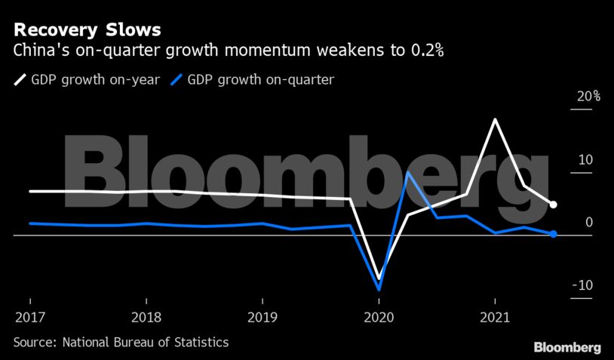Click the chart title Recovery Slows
pos(86,31)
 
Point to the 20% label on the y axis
pos(588,97)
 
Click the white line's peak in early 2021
pos(495,119)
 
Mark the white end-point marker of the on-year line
pos(553,205)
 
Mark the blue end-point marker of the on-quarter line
pos(553,234)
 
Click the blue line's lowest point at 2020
pos(379,289)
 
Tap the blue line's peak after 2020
pos(407,173)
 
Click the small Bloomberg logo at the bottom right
pos(567,347)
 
